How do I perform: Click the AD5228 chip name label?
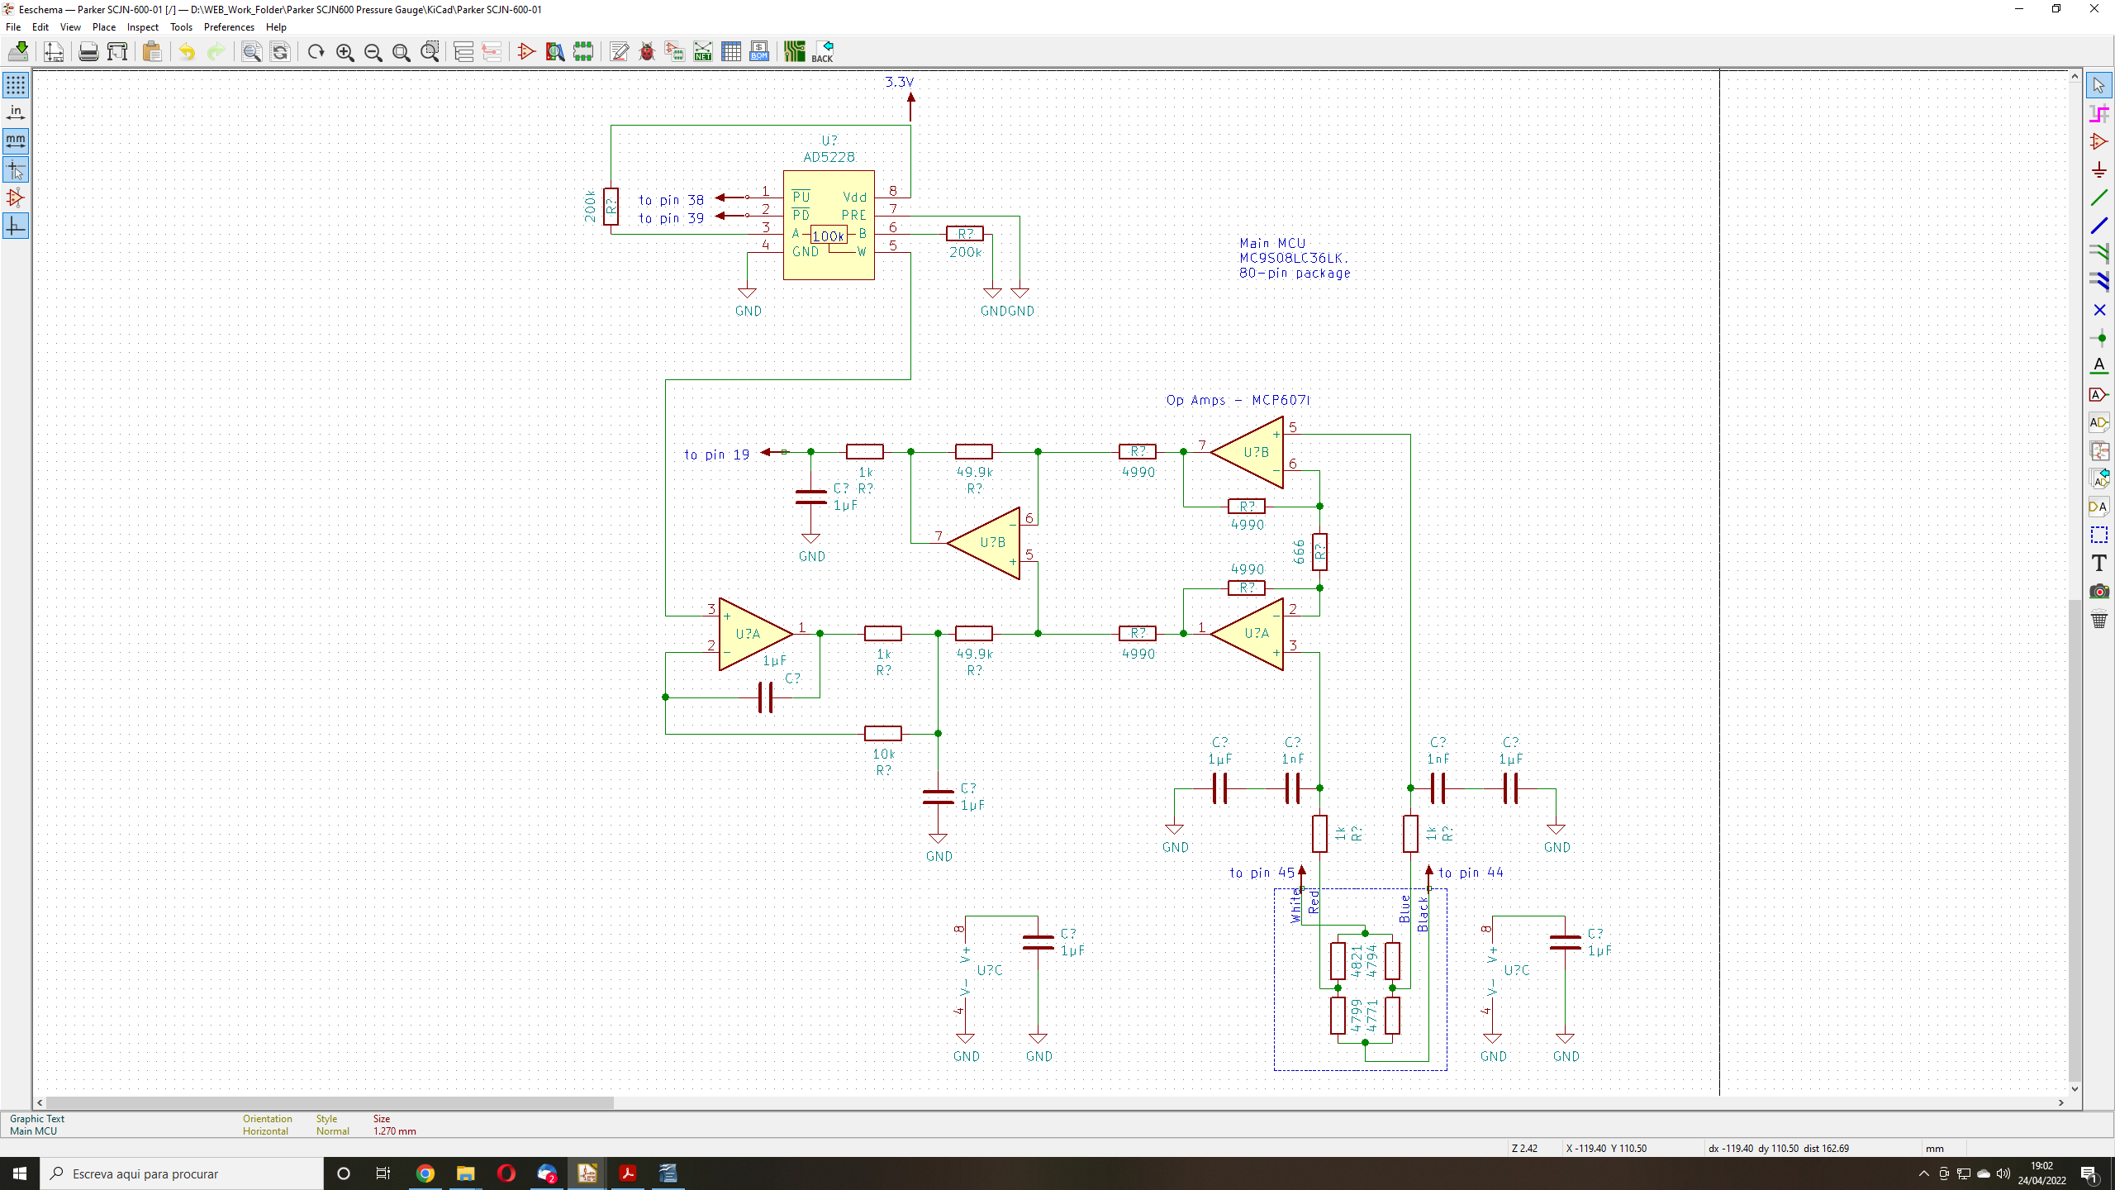click(x=829, y=157)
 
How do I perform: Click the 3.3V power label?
click(x=899, y=82)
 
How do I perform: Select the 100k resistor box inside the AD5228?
click(x=828, y=236)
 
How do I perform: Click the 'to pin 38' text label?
click(x=671, y=200)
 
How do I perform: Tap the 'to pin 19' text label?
click(x=716, y=455)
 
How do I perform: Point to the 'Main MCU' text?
click(x=1272, y=243)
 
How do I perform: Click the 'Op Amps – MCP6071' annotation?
click(x=1238, y=400)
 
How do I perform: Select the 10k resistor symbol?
click(x=882, y=733)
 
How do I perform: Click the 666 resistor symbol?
click(x=1319, y=552)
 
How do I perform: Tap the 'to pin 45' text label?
click(x=1262, y=873)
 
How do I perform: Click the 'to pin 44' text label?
click(x=1471, y=873)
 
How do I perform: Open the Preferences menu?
click(x=229, y=27)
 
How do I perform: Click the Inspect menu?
click(x=142, y=27)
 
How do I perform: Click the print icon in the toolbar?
click(x=88, y=52)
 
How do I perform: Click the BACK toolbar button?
click(x=823, y=52)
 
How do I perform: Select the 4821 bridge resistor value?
click(x=1357, y=961)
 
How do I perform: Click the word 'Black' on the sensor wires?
click(x=1423, y=915)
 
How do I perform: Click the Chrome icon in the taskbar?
click(x=425, y=1173)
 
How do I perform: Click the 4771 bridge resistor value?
click(x=1372, y=1016)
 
